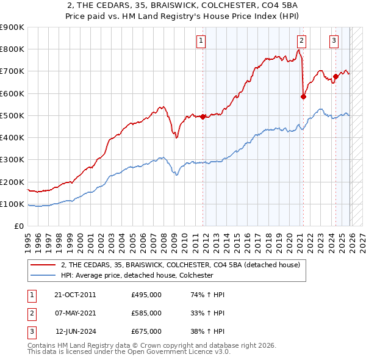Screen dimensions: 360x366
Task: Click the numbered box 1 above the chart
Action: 201,41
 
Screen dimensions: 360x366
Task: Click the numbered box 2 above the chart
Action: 302,41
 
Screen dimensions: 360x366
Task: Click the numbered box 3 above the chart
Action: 334,41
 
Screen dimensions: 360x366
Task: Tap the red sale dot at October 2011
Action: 203,117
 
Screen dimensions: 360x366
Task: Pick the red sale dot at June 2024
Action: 335,77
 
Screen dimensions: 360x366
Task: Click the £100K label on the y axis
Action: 12,204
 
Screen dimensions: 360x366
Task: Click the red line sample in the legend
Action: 44,265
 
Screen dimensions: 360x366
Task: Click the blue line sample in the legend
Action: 44,275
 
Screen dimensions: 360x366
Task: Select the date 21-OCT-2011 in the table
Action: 75,295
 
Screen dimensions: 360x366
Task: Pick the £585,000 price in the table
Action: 146,313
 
